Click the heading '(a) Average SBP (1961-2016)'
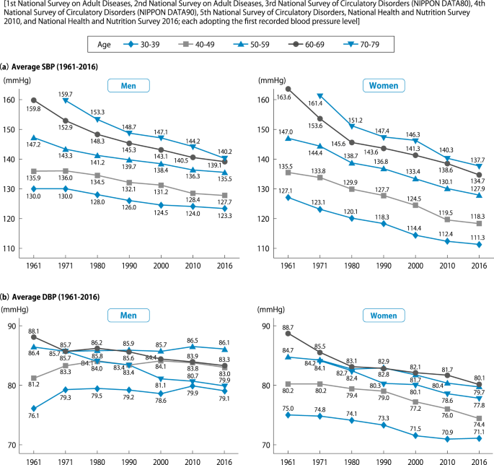[x=49, y=67]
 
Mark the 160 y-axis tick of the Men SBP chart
[x=10, y=100]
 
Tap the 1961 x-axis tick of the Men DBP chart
[x=34, y=460]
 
